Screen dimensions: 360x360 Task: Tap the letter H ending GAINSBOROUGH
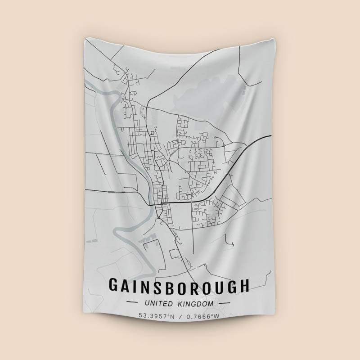[243, 286]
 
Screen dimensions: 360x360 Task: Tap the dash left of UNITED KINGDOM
[133, 304]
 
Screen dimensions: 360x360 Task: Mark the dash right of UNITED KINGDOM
[224, 304]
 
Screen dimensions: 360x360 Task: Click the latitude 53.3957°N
[156, 316]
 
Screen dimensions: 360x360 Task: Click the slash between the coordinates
[180, 316]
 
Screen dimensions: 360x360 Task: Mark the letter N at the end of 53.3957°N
[171, 316]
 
